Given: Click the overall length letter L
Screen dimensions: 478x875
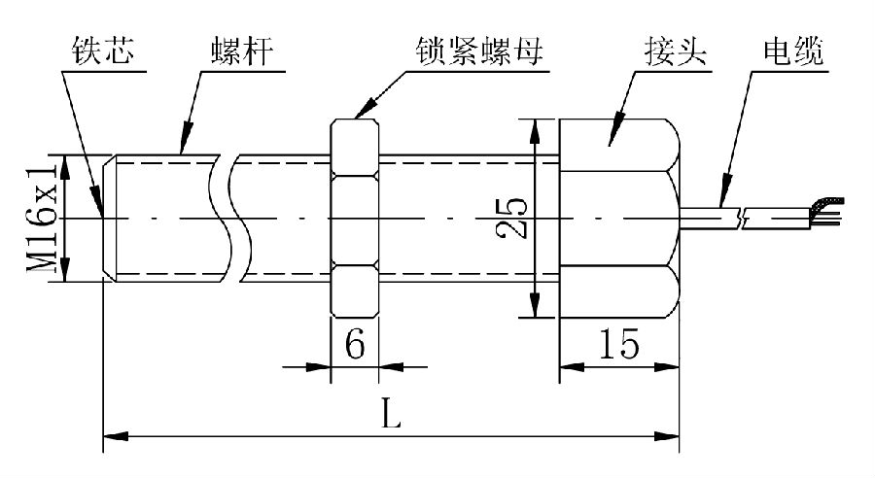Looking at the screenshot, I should coord(390,416).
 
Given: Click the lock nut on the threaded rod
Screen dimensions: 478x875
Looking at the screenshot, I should coord(355,219).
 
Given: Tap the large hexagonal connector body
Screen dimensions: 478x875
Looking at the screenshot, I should coord(618,219).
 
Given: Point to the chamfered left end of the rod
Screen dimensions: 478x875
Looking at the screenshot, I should coord(108,219).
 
